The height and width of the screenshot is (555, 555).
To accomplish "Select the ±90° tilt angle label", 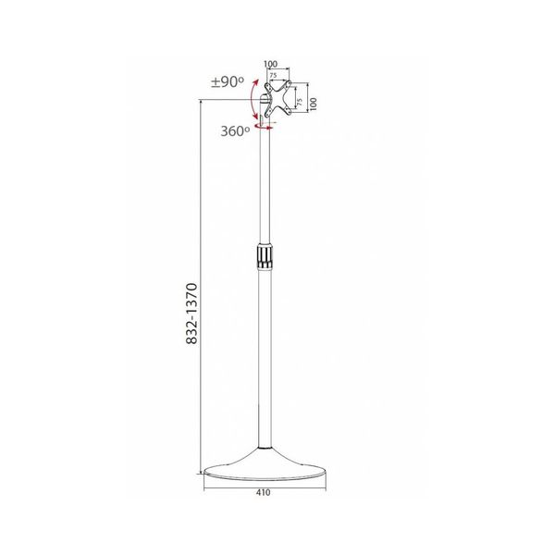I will [x=228, y=82].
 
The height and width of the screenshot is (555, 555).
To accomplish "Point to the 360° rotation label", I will [x=235, y=131].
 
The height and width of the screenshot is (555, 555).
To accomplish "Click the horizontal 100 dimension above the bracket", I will [x=270, y=65].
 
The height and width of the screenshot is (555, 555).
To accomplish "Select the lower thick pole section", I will [x=265, y=361].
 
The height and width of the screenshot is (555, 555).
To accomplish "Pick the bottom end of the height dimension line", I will [x=203, y=500].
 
